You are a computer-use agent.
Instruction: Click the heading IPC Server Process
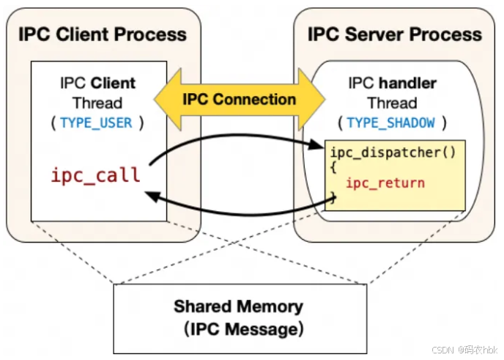tap(394, 34)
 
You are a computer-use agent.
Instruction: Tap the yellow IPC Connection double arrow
tap(240, 100)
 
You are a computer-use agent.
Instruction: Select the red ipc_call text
tap(95, 176)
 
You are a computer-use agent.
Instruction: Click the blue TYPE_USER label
tap(97, 122)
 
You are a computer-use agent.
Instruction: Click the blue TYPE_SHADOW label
tap(390, 122)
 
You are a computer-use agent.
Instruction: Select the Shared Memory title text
tap(238, 306)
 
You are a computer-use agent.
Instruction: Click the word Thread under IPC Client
tap(97, 103)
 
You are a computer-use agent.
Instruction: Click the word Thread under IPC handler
tap(392, 103)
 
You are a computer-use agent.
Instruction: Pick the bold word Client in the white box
tap(113, 83)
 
